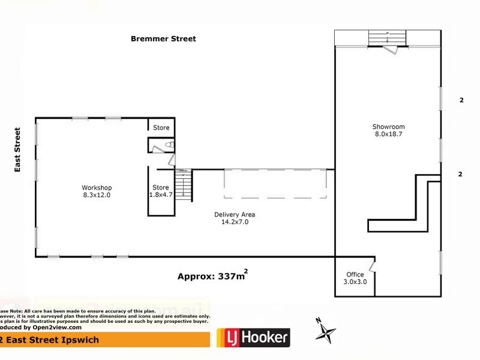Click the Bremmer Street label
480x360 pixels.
pos(163,38)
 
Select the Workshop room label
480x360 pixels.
pos(97,187)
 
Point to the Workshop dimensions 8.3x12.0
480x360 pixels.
pos(97,195)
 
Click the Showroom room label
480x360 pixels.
pos(388,127)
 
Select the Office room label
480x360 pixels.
pos(355,274)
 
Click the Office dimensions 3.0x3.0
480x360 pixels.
pos(355,282)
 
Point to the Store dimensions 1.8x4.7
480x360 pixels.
pos(161,195)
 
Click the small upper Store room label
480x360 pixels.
pos(161,128)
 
